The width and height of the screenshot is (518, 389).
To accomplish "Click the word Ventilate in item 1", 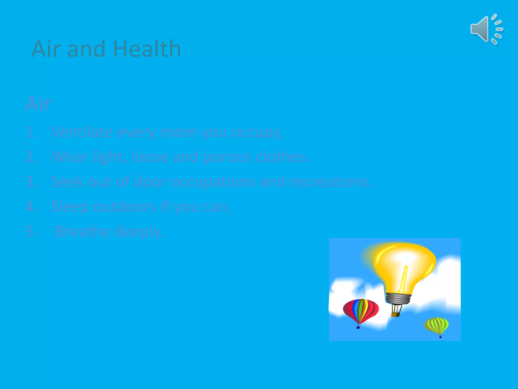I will (x=82, y=132).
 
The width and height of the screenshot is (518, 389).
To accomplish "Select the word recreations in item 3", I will (x=331, y=182).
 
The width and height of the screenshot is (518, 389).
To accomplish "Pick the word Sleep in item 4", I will (x=70, y=207).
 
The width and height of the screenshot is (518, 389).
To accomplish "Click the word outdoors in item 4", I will (x=124, y=206).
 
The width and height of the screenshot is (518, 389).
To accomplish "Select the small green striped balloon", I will (x=436, y=325).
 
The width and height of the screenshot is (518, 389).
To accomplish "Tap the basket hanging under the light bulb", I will (x=395, y=314).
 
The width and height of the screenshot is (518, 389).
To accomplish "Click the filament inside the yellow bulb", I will (x=404, y=279).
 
